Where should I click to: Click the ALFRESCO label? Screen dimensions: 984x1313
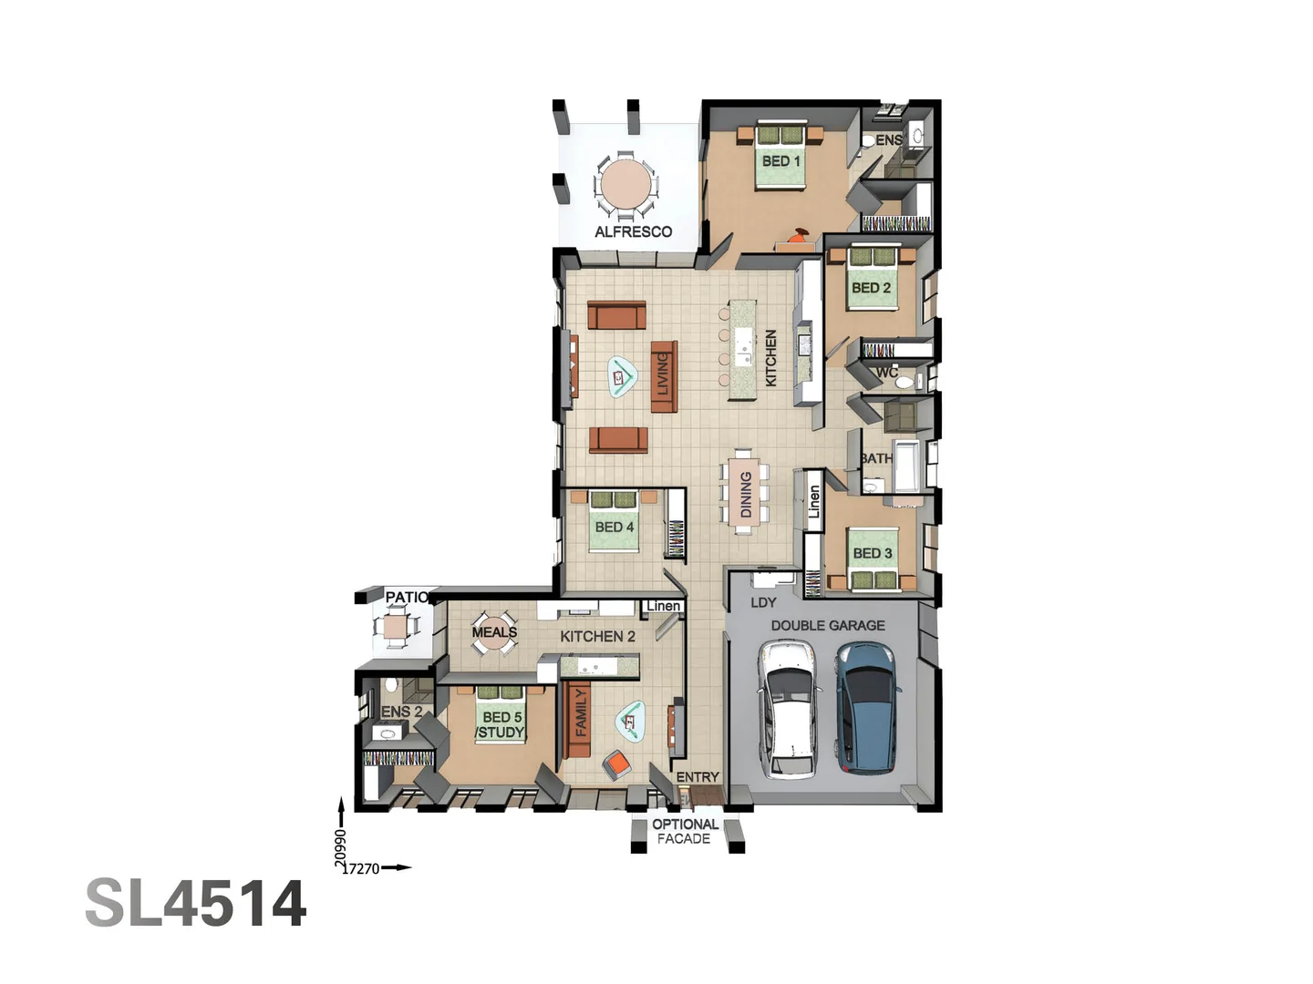pyautogui.click(x=633, y=231)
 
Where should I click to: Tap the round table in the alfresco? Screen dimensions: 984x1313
pyautogui.click(x=625, y=185)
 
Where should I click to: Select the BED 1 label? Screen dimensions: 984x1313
pyautogui.click(x=781, y=161)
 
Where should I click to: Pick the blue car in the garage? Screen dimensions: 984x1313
pyautogui.click(x=867, y=707)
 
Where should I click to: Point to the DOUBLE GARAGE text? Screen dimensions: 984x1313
pyautogui.click(x=827, y=625)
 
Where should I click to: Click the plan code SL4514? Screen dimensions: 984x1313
pyautogui.click(x=196, y=904)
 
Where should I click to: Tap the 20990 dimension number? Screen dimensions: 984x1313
pyautogui.click(x=341, y=847)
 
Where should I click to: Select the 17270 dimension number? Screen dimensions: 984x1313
pyautogui.click(x=361, y=868)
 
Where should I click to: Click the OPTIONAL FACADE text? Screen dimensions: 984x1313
pyautogui.click(x=685, y=831)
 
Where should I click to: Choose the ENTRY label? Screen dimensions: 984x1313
pyautogui.click(x=698, y=777)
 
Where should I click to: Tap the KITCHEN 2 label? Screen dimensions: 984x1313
pyautogui.click(x=597, y=636)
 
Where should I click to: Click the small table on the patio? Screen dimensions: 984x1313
pyautogui.click(x=396, y=627)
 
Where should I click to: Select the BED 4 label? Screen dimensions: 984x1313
pyautogui.click(x=614, y=527)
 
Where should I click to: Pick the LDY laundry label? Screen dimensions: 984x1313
pyautogui.click(x=763, y=602)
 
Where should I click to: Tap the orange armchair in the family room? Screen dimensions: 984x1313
pyautogui.click(x=616, y=764)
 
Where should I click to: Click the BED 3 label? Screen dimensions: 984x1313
pyautogui.click(x=872, y=553)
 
